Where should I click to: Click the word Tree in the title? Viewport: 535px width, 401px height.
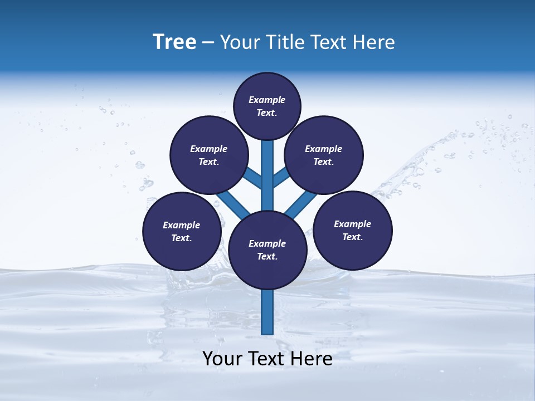tap(174, 42)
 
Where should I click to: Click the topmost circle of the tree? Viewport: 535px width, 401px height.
tap(267, 106)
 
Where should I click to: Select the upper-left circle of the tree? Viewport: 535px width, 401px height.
tap(209, 155)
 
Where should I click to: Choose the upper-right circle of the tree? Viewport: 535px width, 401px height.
tap(324, 155)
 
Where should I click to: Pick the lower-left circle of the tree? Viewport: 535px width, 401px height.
tap(182, 231)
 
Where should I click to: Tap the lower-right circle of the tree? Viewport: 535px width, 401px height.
tap(353, 230)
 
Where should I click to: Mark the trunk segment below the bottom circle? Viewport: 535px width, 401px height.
tap(267, 312)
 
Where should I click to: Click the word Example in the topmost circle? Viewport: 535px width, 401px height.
tap(267, 100)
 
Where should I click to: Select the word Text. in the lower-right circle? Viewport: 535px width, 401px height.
tap(352, 237)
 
